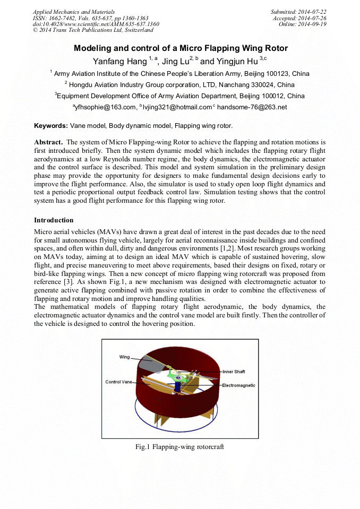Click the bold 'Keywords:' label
coord(51,126)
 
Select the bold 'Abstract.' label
coord(49,142)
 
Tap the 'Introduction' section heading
coord(54,220)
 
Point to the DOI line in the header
coord(96,24)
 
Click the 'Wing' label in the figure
coord(124,358)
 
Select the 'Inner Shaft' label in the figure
coord(234,372)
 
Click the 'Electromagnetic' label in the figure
coord(238,385)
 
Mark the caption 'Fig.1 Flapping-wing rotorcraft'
coord(179,447)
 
